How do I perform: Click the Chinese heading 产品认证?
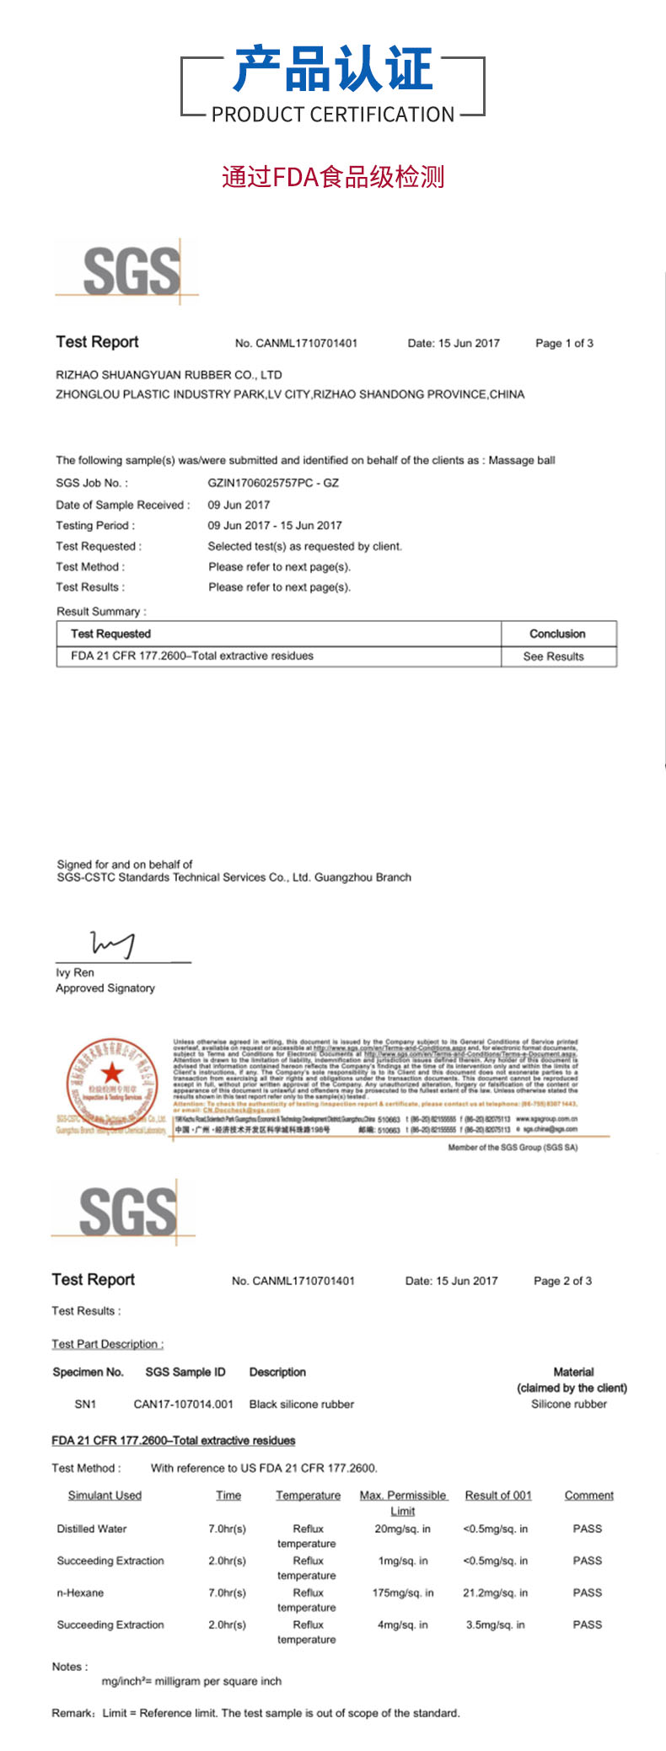(x=333, y=70)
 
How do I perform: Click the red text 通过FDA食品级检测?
(x=333, y=177)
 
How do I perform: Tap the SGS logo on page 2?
(x=127, y=1212)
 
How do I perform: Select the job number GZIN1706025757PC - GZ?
(x=273, y=483)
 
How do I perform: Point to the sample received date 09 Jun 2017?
(x=239, y=505)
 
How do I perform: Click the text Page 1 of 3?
(x=564, y=343)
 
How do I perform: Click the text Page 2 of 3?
(x=562, y=1281)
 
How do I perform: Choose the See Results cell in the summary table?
(x=553, y=656)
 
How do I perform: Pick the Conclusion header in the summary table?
(x=557, y=634)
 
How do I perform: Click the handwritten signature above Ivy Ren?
(x=113, y=945)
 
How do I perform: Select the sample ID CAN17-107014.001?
(x=184, y=1404)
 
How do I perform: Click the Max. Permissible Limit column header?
(x=403, y=1502)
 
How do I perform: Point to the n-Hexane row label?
(x=80, y=1593)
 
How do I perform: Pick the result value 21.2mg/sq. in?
(x=496, y=1593)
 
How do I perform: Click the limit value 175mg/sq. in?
(x=403, y=1593)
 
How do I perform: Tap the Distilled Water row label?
(x=92, y=1529)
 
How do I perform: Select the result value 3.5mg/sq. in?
(x=496, y=1625)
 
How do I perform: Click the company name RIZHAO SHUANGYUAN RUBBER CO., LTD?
(x=169, y=375)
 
